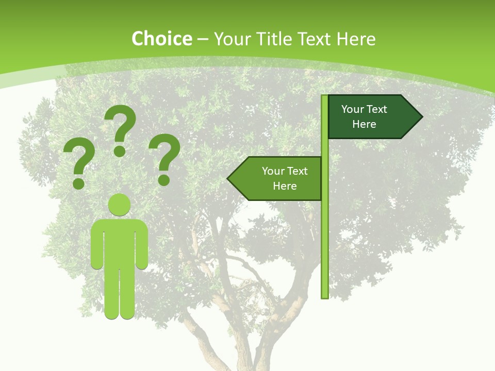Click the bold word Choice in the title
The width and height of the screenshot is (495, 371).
pyautogui.click(x=161, y=39)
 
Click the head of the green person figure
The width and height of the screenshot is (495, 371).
pyautogui.click(x=120, y=205)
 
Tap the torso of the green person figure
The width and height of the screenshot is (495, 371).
pyautogui.click(x=120, y=242)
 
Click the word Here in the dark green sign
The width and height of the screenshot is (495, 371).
pyautogui.click(x=364, y=124)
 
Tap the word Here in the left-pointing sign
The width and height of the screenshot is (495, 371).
pyautogui.click(x=285, y=186)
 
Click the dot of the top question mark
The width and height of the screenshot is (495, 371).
pyautogui.click(x=120, y=151)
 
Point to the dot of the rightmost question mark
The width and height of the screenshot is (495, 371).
pyautogui.click(x=164, y=180)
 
